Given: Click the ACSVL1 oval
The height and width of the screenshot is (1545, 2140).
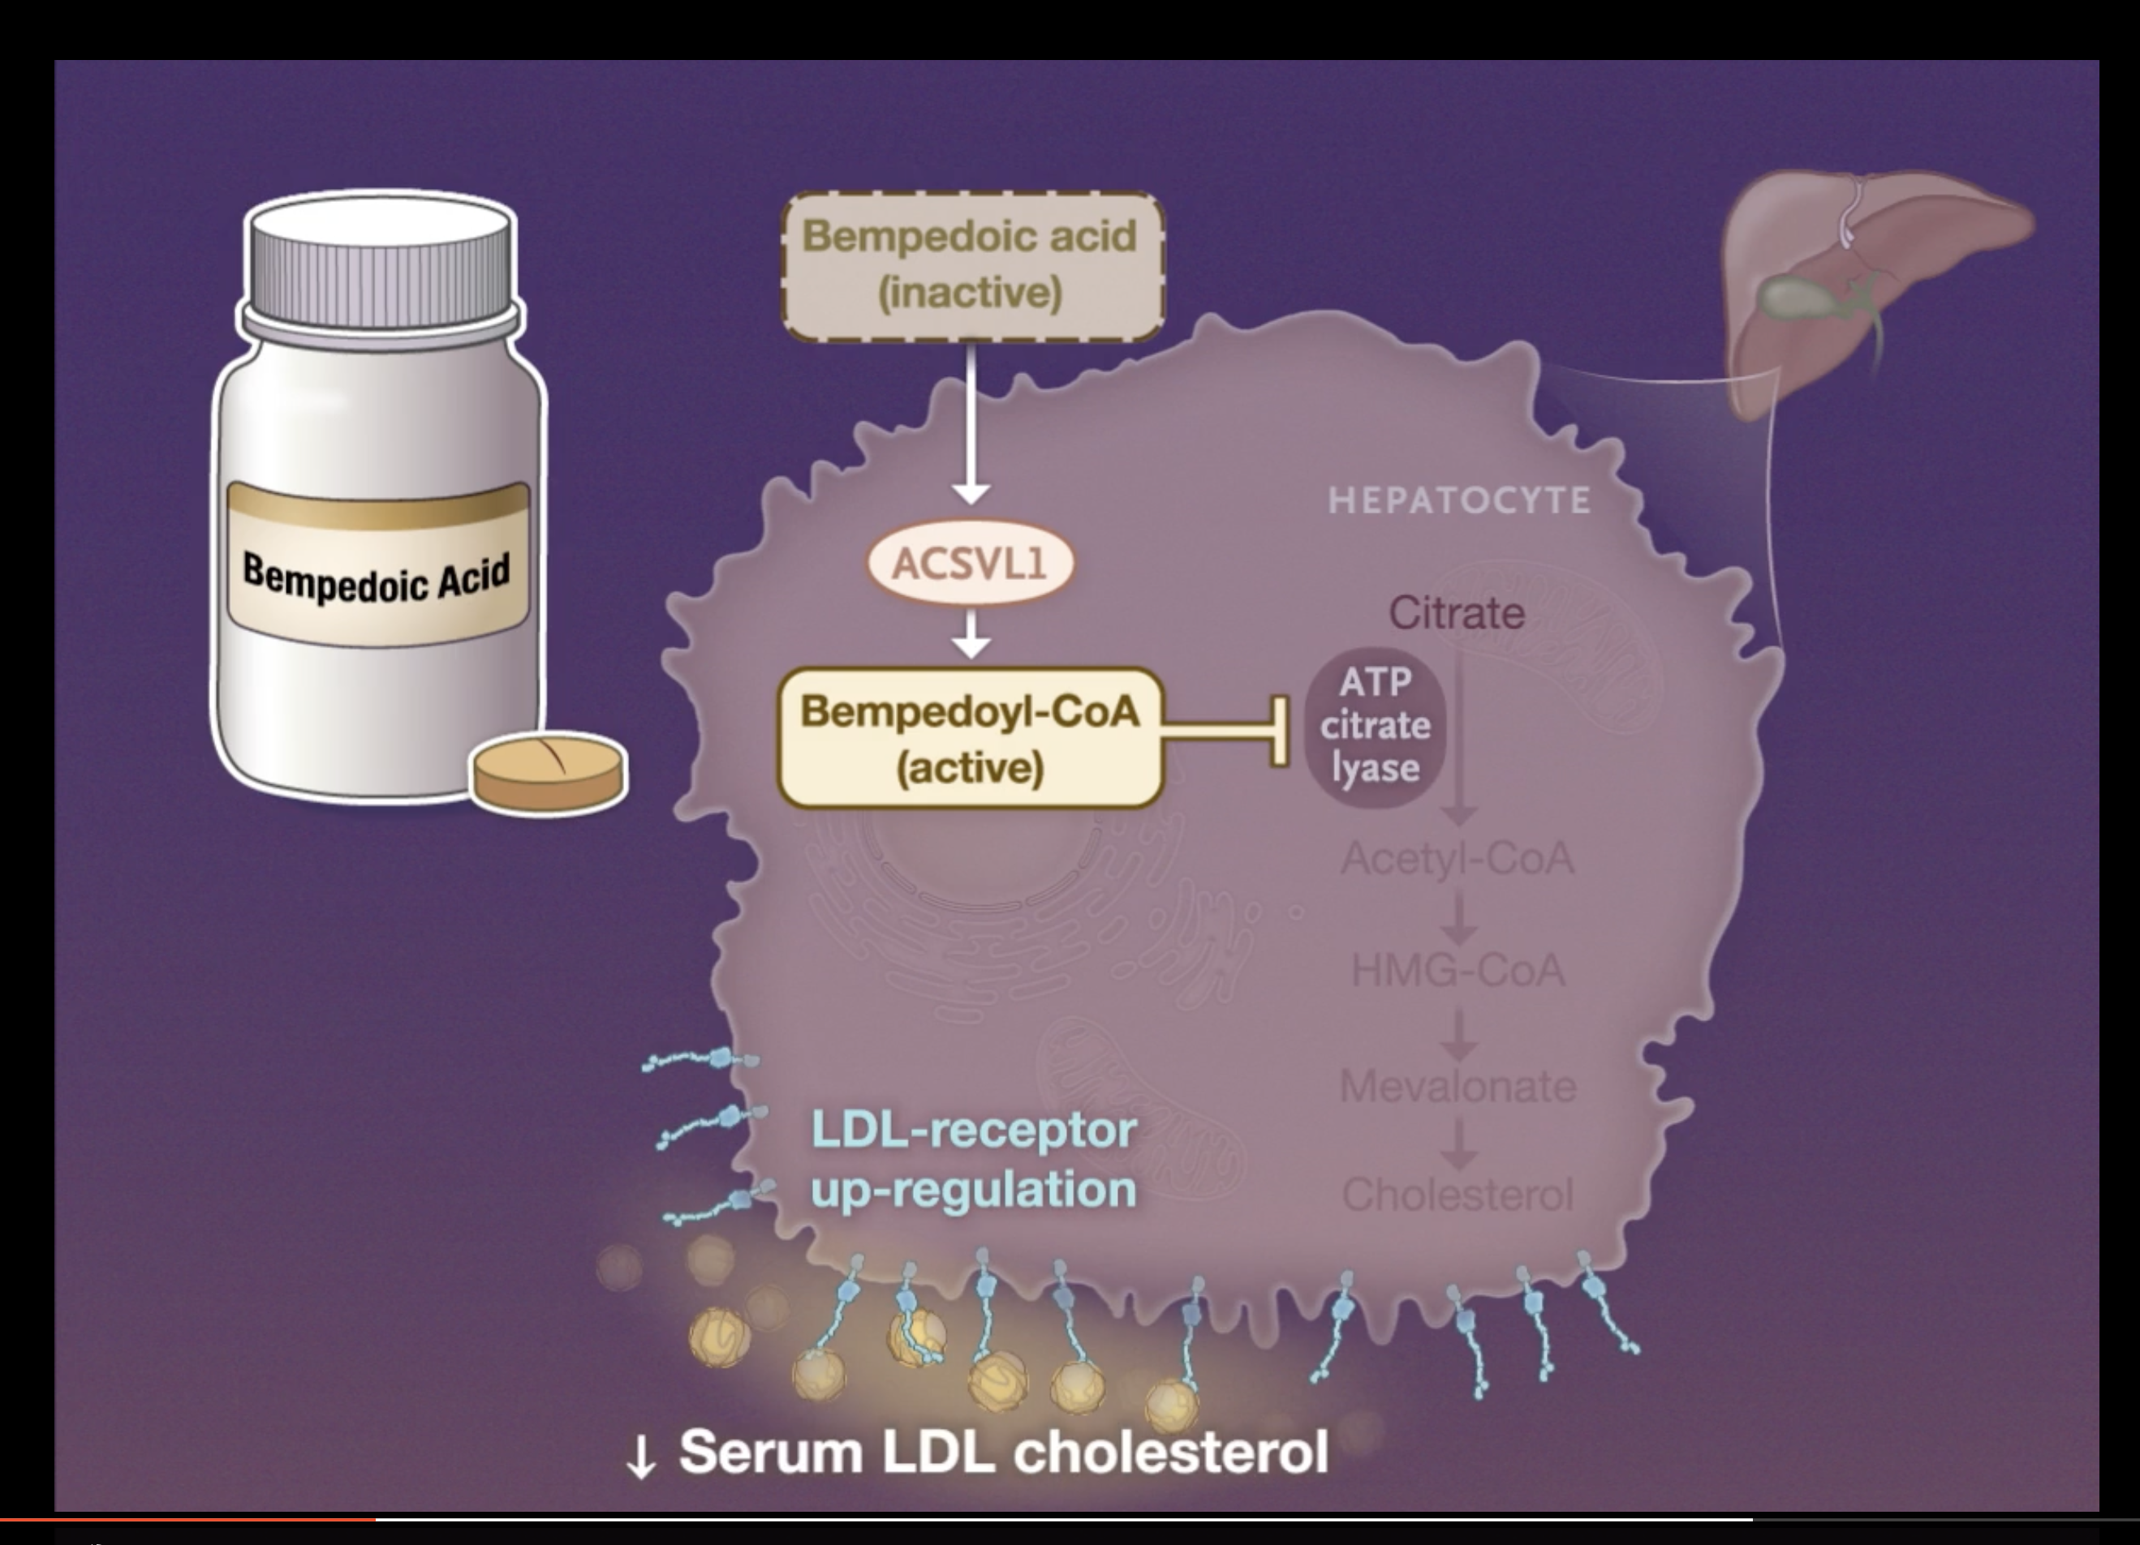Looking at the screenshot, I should [970, 563].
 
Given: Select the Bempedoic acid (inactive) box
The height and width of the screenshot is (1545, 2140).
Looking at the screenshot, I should [973, 265].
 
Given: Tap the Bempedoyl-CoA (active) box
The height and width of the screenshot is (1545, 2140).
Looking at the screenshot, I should [970, 739].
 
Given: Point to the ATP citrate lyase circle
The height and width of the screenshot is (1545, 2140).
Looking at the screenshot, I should [1375, 727].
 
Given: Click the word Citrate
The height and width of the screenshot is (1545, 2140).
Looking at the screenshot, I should [1456, 613].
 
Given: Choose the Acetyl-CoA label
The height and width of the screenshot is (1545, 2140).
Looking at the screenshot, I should [1458, 858].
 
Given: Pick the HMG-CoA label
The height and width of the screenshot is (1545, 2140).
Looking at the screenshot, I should [1458, 971].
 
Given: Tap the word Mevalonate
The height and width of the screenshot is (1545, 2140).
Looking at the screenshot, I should [1458, 1087].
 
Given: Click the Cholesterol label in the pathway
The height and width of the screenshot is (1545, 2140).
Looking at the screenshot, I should [1458, 1195].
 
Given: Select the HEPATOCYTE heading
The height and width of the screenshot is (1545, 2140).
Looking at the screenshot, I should [1459, 500].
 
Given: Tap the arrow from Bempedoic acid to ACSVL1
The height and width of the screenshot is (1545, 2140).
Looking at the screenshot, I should [971, 424].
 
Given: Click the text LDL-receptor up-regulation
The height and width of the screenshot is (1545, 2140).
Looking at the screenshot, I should [974, 1159].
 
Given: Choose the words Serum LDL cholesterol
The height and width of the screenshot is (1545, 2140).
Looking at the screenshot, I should [1003, 1451].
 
